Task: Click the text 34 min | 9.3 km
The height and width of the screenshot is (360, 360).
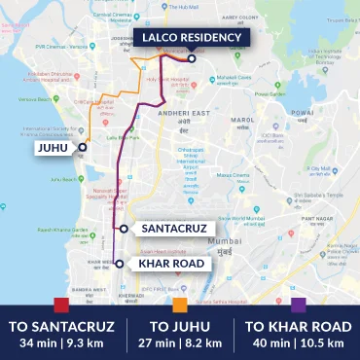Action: (61, 342)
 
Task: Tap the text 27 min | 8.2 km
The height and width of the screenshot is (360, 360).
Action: (180, 342)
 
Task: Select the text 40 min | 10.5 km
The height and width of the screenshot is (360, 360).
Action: (298, 342)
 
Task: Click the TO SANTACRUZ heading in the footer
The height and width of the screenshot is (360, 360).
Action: (61, 325)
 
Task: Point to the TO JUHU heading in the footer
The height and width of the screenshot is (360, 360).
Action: (180, 325)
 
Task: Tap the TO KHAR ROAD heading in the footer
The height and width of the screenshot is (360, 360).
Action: (298, 325)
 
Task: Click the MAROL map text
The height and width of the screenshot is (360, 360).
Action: (242, 122)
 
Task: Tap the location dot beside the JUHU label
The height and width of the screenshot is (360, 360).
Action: (83, 147)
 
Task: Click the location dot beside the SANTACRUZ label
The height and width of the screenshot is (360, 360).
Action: (124, 228)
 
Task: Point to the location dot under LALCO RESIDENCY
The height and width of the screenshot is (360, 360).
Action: (192, 59)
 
